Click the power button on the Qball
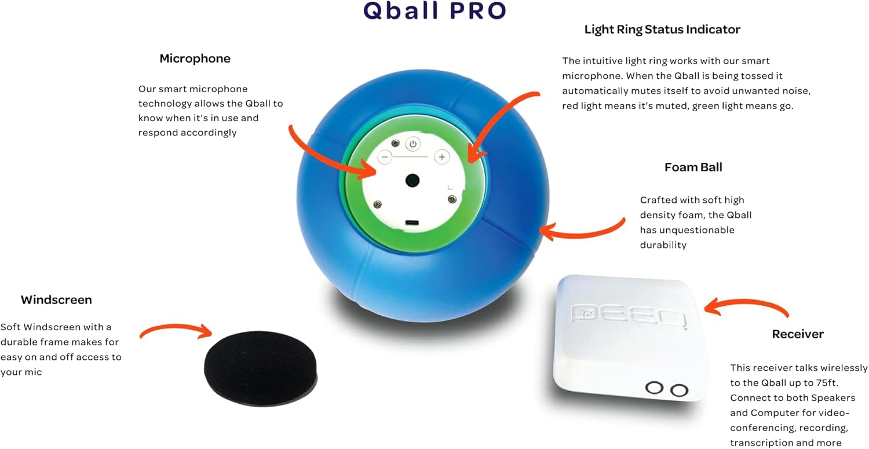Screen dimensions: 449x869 (412, 144)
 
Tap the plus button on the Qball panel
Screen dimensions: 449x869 (442, 157)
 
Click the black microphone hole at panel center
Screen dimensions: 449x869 (412, 180)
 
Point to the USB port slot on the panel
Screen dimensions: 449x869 (412, 222)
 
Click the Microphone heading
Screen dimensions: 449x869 (195, 59)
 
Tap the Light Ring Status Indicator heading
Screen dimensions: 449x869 (662, 29)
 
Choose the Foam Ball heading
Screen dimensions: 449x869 (693, 167)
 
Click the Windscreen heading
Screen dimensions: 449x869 (56, 300)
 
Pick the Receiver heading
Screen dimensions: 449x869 (798, 334)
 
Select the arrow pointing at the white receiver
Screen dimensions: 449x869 (747, 306)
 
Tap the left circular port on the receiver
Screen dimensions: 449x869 (655, 388)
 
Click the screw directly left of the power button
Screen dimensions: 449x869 (396, 143)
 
